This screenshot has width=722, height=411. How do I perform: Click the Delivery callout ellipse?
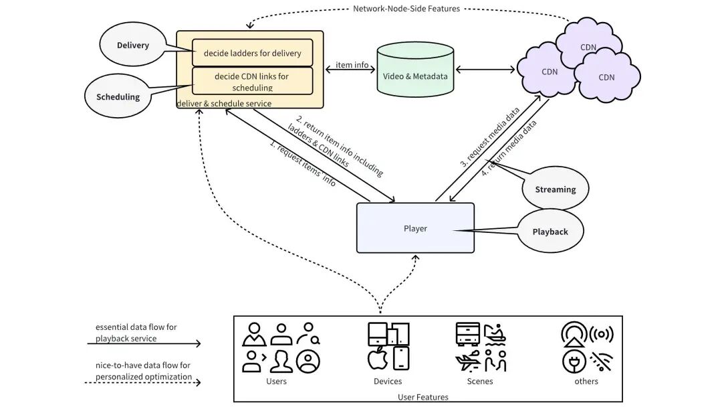tap(133, 46)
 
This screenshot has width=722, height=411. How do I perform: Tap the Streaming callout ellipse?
tap(555, 189)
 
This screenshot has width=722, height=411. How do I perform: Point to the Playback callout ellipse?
tap(550, 232)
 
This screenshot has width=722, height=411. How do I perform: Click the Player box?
tap(415, 228)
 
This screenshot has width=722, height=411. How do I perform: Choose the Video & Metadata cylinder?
tap(415, 74)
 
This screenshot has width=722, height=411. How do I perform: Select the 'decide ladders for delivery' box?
tap(252, 53)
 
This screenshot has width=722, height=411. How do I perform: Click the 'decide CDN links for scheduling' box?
tap(252, 81)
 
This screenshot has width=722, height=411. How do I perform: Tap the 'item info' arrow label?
tap(352, 65)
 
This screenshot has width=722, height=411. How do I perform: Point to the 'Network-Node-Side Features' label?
tap(406, 9)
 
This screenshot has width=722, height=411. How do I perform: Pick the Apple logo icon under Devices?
tap(378, 358)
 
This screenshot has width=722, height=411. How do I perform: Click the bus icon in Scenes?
tap(468, 333)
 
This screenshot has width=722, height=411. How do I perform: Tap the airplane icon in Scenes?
tap(468, 360)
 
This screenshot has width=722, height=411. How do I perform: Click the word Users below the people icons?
tap(276, 381)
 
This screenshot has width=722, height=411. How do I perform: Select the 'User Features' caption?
tap(423, 397)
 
